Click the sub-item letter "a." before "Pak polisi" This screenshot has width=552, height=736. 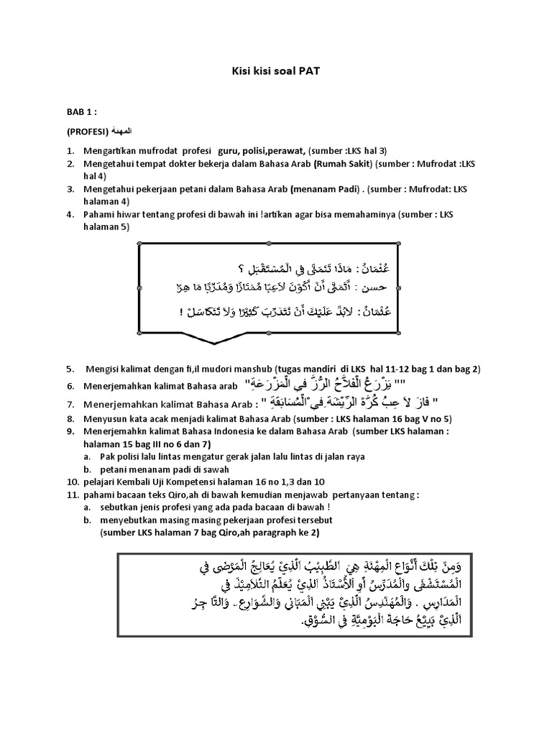[86, 456]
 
